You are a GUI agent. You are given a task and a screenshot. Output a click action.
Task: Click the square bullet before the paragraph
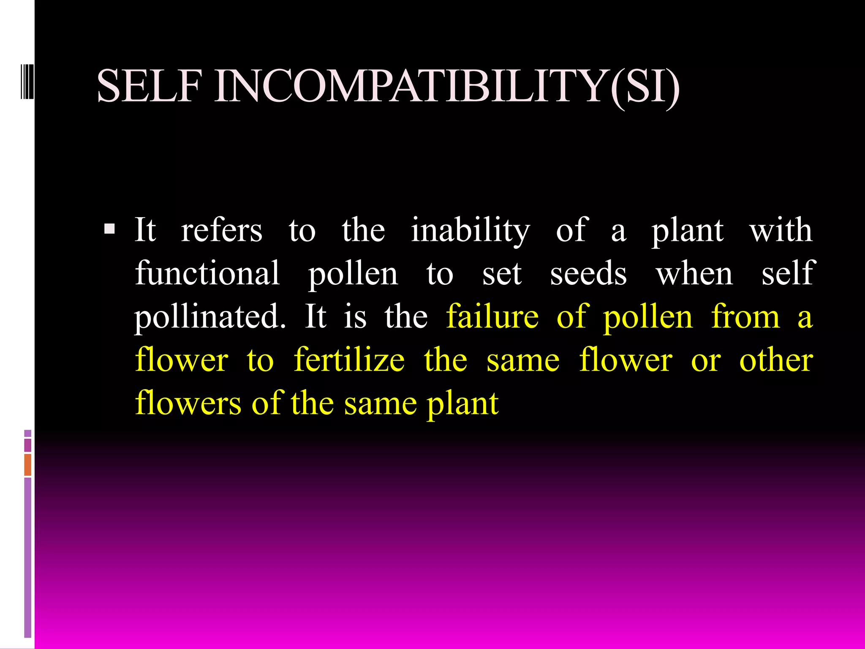109,229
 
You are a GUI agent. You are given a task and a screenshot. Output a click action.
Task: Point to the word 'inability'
470,232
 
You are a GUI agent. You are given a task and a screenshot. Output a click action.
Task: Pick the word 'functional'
207,273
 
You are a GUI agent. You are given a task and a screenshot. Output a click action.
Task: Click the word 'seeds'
588,273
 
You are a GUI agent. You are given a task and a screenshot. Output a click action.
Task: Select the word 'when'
694,273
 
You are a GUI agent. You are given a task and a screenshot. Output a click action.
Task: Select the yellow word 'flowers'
188,403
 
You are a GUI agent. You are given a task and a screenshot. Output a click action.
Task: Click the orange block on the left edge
28,464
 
